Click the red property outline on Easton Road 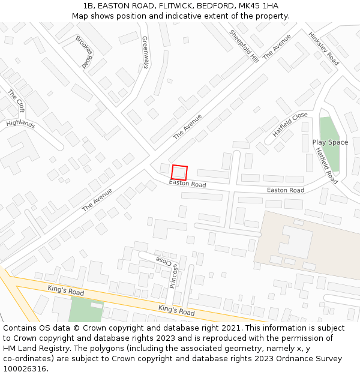pyautogui.click(x=179, y=173)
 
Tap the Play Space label pyautogui.click(x=330, y=142)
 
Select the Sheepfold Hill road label pyautogui.click(x=244, y=46)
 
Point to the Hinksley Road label pyautogui.click(x=323, y=48)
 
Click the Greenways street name pyautogui.click(x=145, y=52)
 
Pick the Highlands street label pyautogui.click(x=21, y=124)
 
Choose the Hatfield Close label pyautogui.click(x=290, y=124)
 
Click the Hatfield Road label pyautogui.click(x=326, y=165)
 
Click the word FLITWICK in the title pyautogui.click(x=161, y=6)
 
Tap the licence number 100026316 pyautogui.click(x=25, y=369)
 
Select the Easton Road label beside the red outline pyautogui.click(x=187, y=184)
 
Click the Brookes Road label pyautogui.click(x=84, y=52)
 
